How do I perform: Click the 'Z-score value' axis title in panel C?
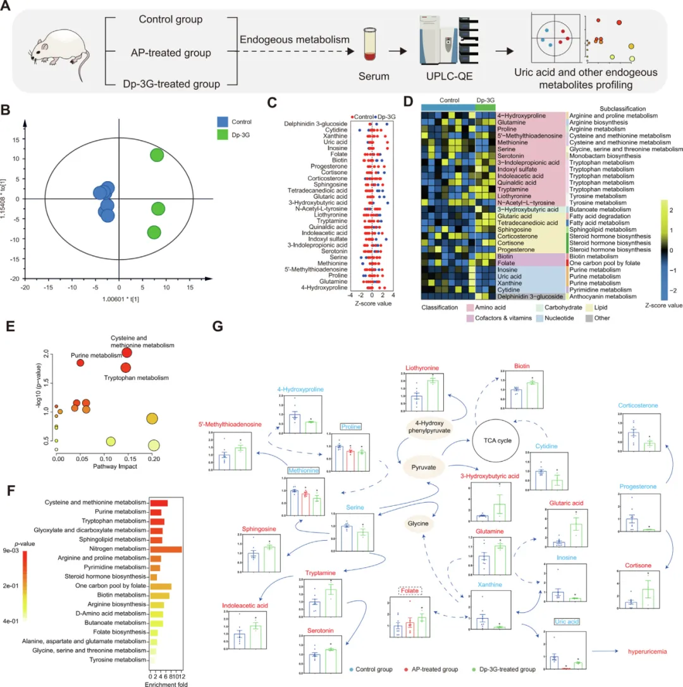(372, 303)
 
